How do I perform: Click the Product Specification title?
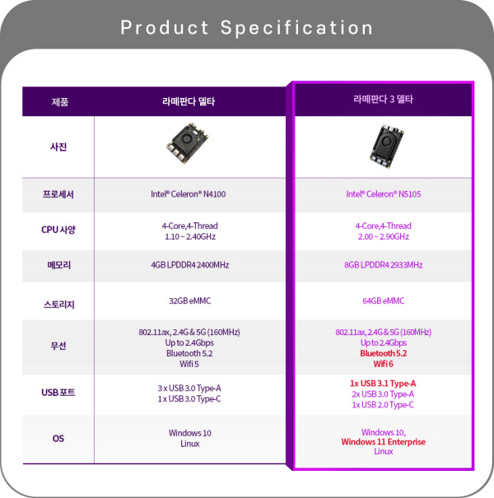pyautogui.click(x=246, y=28)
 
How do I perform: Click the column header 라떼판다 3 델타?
pyautogui.click(x=383, y=100)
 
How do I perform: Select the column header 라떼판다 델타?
pyautogui.click(x=189, y=101)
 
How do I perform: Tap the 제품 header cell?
pyautogui.click(x=60, y=102)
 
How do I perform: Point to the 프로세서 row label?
pyautogui.click(x=58, y=194)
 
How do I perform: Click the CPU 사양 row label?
pyautogui.click(x=58, y=230)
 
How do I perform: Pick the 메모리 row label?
pyautogui.click(x=58, y=265)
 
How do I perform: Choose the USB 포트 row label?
pyautogui.click(x=58, y=393)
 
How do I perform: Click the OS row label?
pyautogui.click(x=58, y=439)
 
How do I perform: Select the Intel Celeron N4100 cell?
pyautogui.click(x=188, y=194)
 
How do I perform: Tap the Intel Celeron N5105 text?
pyautogui.click(x=384, y=194)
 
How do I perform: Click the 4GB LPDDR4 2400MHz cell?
pyautogui.click(x=190, y=265)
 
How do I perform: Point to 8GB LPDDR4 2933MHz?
pyautogui.click(x=384, y=265)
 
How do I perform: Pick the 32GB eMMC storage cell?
pyautogui.click(x=190, y=300)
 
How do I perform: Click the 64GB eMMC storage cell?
pyautogui.click(x=384, y=300)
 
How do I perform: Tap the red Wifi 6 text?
pyautogui.click(x=384, y=364)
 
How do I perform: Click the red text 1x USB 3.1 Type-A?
pyautogui.click(x=383, y=384)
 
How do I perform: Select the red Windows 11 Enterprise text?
pyautogui.click(x=383, y=442)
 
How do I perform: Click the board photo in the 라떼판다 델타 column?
pyautogui.click(x=188, y=143)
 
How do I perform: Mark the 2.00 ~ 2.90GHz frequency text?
pyautogui.click(x=384, y=236)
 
